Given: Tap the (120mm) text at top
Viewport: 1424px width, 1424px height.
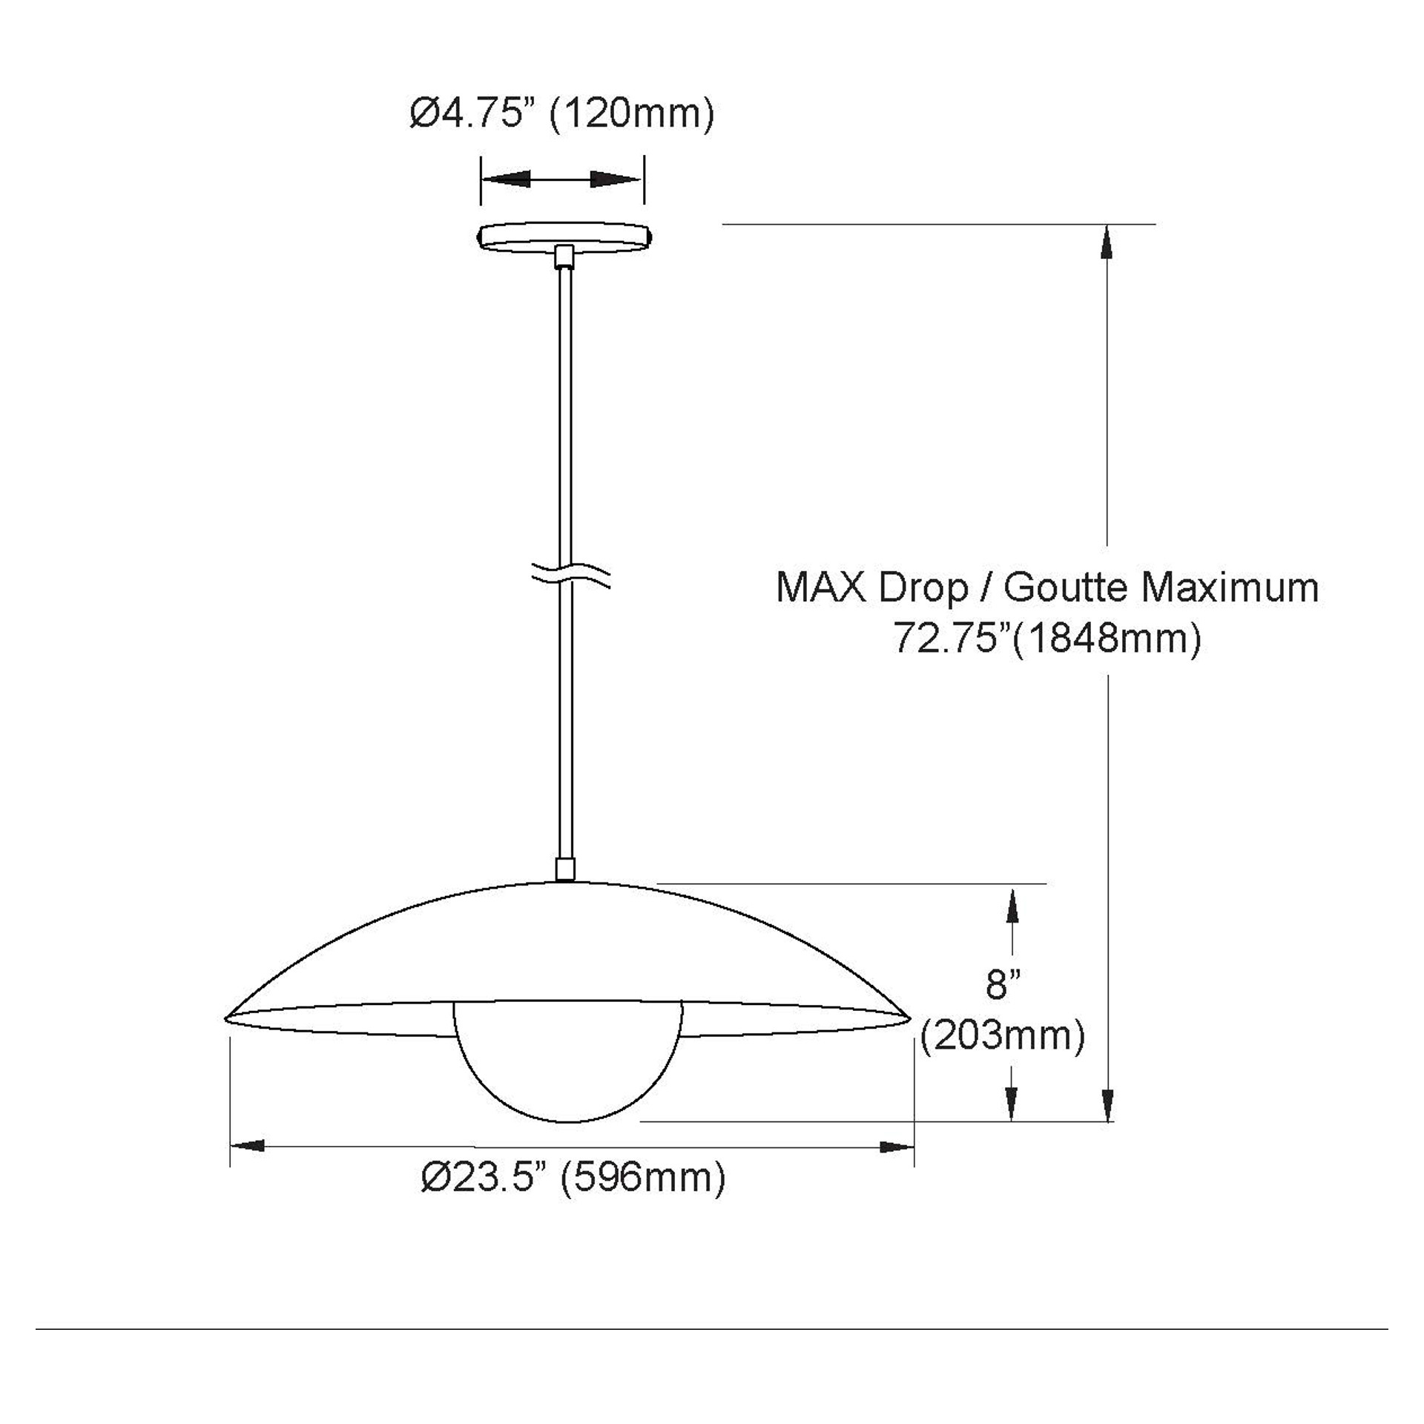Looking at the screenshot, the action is pyautogui.click(x=632, y=115).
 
